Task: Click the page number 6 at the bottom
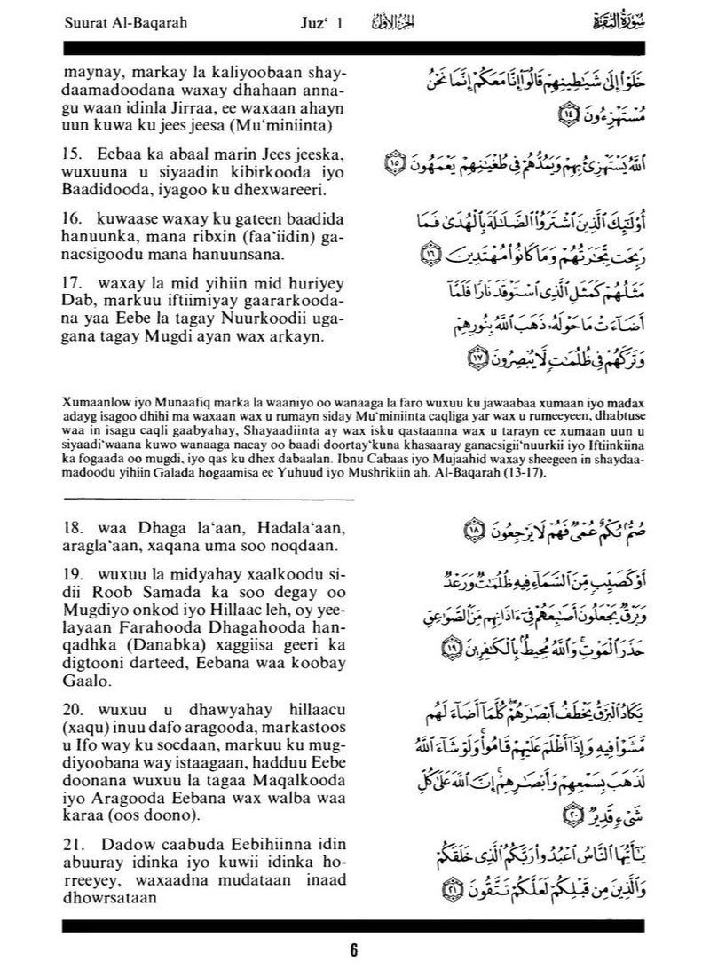(354, 949)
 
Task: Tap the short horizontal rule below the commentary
(208, 500)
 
